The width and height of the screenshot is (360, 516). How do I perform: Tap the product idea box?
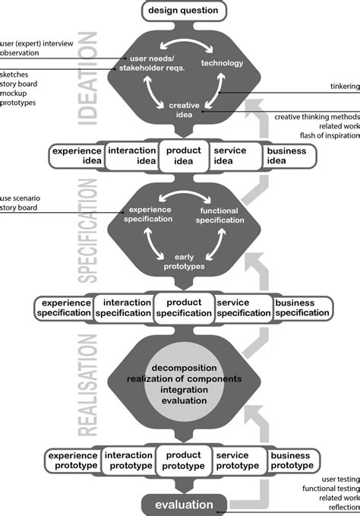183,156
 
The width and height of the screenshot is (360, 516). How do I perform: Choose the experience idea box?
75,156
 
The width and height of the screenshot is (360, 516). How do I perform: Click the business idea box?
287,156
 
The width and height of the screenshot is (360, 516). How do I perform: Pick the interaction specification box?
126,308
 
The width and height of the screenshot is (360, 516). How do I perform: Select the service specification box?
242,308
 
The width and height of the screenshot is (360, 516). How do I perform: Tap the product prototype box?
183,461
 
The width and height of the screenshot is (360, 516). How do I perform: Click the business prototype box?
291,461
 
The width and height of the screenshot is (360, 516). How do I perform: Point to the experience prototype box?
73,461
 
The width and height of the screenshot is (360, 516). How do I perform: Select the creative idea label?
183,111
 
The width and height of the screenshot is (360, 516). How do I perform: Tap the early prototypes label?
183,263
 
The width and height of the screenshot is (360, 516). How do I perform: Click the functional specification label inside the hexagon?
221,214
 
